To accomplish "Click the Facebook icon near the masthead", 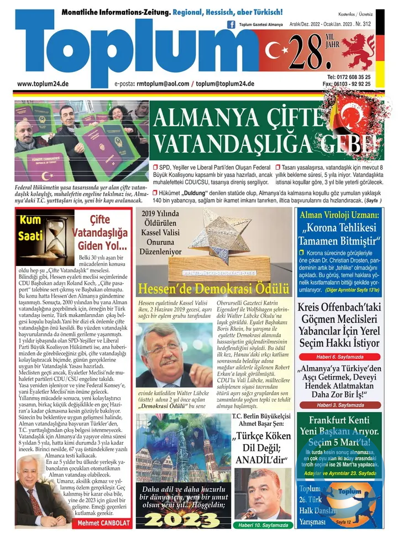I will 232,24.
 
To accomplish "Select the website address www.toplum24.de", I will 43,84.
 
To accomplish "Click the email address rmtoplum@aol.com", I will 163,84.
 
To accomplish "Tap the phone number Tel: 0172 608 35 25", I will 349,77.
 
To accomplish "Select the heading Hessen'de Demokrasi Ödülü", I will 213,288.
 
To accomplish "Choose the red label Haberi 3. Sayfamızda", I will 338,405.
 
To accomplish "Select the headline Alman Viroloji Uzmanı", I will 338,215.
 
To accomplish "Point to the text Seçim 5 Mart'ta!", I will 338,442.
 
